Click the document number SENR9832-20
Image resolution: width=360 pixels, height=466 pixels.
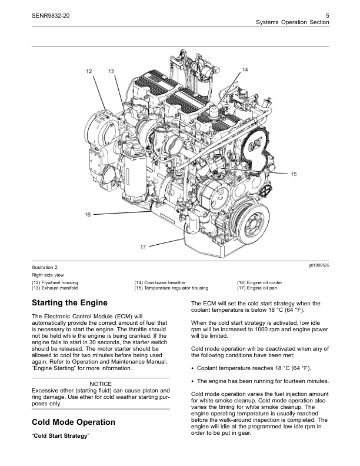pos(51,16)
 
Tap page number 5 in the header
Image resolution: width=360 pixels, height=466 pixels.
pos(327,16)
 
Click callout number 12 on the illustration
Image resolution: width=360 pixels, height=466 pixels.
pos(89,71)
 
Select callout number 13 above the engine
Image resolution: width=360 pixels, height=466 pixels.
pos(111,71)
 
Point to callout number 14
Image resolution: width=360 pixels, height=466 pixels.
pos(245,69)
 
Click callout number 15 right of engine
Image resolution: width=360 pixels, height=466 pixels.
pos(294,174)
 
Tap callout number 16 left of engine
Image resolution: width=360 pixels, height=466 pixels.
pos(87,214)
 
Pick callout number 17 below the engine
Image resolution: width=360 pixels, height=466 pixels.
pos(143,247)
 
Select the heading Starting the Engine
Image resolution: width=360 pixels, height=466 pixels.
pos(69,303)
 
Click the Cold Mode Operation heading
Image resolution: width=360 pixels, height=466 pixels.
pos(74,422)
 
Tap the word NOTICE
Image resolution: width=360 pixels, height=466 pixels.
pos(101,384)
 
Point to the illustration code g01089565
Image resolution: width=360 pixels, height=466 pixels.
pos(319,265)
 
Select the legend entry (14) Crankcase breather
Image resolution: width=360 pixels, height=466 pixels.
pos(160,282)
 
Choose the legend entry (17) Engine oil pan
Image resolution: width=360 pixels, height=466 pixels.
pos(257,288)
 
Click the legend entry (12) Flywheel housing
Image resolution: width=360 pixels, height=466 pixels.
pos(55,282)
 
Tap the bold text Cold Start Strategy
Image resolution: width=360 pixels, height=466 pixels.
pos(61,436)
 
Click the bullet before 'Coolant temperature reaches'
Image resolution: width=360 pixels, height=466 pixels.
pos(193,368)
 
